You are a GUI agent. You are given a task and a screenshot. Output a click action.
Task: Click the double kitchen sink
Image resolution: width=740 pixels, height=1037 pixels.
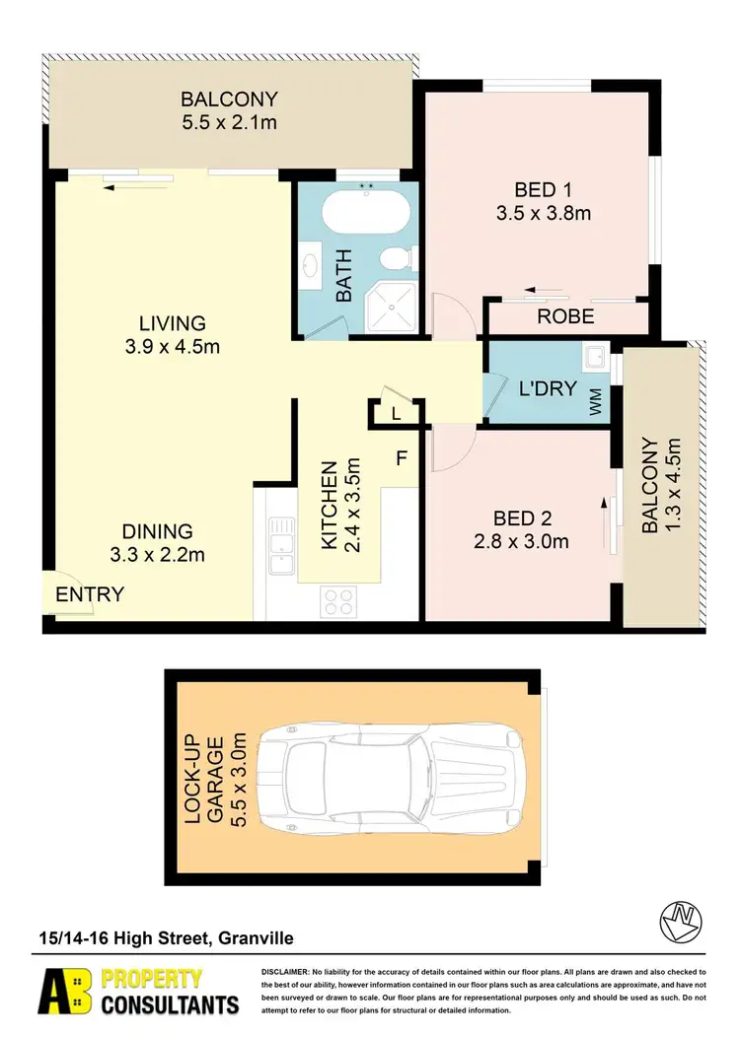point(278,545)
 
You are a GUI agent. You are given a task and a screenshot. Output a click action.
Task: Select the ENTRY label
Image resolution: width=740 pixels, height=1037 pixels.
point(90,594)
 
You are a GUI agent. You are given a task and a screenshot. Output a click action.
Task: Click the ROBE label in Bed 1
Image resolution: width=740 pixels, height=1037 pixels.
point(564,317)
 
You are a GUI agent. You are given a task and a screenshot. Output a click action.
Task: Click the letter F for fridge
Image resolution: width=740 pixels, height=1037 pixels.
point(403,457)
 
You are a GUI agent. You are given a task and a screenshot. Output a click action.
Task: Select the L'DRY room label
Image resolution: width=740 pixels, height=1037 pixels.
point(547,388)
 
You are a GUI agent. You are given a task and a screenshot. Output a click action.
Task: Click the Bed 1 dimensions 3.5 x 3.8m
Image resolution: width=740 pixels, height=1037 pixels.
point(544,213)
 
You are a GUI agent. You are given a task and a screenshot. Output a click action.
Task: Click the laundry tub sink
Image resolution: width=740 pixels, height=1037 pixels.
point(594,358)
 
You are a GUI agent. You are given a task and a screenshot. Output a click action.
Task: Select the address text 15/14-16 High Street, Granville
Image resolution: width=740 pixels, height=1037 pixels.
point(165,938)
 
